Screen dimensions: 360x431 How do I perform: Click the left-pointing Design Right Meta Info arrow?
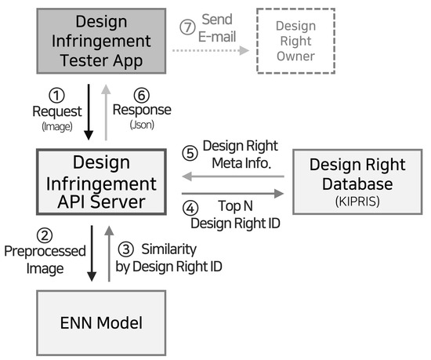(232, 177)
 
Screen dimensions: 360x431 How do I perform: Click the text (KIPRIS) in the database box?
(357, 201)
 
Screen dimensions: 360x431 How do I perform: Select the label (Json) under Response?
(143, 124)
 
